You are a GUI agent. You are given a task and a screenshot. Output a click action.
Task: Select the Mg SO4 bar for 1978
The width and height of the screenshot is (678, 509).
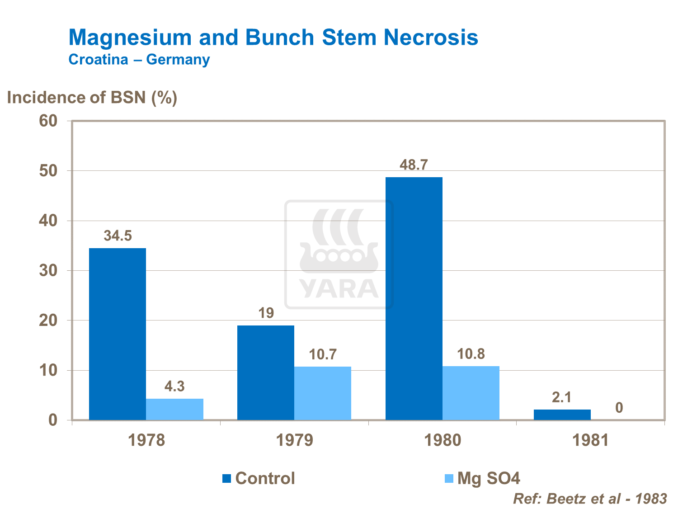(x=174, y=409)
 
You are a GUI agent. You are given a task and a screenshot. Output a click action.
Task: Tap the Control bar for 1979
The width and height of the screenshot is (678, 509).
(x=266, y=372)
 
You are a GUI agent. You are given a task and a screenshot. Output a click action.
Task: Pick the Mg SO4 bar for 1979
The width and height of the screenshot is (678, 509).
(x=323, y=393)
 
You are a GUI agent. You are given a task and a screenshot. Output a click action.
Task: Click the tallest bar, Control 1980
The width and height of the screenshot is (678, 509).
(x=414, y=298)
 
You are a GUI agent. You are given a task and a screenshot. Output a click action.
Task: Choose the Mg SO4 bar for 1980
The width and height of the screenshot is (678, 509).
(x=471, y=393)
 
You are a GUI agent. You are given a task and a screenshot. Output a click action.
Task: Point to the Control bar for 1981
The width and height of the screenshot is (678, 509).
(x=562, y=415)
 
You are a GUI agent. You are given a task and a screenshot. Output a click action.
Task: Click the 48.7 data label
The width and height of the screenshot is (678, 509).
(x=414, y=165)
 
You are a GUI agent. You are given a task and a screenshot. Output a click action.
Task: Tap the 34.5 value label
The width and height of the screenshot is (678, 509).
(x=118, y=236)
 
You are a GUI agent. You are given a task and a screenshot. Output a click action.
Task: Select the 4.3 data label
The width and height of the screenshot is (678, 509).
(x=174, y=386)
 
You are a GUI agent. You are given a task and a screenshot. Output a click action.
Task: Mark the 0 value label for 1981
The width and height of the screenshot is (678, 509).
(x=619, y=408)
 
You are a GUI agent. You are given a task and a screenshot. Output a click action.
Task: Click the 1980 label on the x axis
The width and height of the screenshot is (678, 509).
(x=443, y=440)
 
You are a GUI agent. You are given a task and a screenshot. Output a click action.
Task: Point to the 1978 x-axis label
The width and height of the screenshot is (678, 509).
(x=146, y=440)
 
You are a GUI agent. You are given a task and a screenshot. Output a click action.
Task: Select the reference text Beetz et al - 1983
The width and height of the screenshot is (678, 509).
(x=606, y=499)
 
